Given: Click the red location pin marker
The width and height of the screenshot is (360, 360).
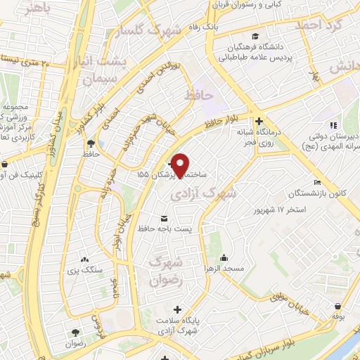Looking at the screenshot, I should click(x=181, y=165).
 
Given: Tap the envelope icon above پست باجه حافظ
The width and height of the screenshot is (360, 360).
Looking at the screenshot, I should click(x=165, y=218).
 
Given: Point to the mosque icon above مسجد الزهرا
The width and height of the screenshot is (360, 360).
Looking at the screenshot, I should click(x=223, y=258).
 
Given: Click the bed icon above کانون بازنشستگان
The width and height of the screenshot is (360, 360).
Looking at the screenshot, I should click(x=318, y=183).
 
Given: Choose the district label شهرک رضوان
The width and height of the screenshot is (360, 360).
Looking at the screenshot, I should click(x=166, y=269).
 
